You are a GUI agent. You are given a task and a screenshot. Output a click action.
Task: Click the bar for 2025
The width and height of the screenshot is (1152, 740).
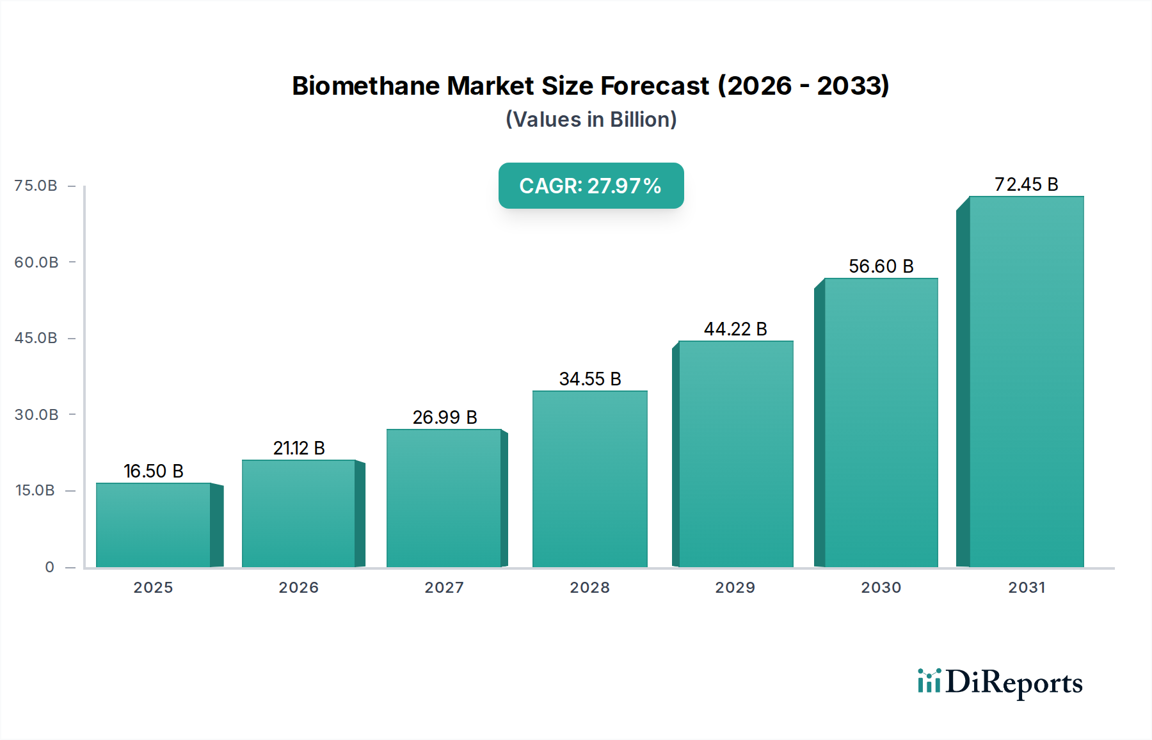[x=154, y=525]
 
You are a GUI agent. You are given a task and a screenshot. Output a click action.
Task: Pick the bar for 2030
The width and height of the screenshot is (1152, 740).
[x=881, y=422]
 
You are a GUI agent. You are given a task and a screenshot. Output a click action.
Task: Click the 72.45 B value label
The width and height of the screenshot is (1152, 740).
[x=1026, y=184]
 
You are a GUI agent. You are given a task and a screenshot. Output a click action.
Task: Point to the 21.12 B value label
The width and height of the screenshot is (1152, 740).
[x=299, y=448]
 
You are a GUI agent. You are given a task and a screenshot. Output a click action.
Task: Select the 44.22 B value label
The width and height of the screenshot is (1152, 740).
[x=735, y=329]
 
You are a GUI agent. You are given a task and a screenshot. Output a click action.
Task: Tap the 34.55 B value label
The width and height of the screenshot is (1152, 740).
[x=590, y=379]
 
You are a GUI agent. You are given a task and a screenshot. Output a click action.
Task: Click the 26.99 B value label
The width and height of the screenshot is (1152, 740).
[x=445, y=417]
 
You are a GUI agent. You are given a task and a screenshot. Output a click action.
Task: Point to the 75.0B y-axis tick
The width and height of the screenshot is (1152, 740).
[x=36, y=186]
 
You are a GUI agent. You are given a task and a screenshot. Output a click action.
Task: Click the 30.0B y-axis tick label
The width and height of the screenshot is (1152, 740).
[x=36, y=415]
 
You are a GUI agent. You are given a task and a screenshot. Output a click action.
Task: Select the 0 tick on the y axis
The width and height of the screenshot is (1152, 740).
[x=49, y=567]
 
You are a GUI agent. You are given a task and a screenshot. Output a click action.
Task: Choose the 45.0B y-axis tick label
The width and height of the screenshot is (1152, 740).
[x=36, y=338]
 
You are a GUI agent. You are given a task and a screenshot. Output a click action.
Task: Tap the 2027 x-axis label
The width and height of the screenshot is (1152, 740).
[x=444, y=588]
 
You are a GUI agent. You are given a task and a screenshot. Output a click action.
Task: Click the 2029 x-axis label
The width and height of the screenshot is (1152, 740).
[x=735, y=588]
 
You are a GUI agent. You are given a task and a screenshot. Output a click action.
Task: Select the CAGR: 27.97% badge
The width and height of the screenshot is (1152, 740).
[x=591, y=186]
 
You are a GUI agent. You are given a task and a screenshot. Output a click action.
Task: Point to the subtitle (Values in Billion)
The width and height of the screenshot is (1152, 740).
[x=591, y=120]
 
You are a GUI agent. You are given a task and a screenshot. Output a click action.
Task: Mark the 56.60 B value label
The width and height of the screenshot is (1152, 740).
[x=881, y=266]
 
